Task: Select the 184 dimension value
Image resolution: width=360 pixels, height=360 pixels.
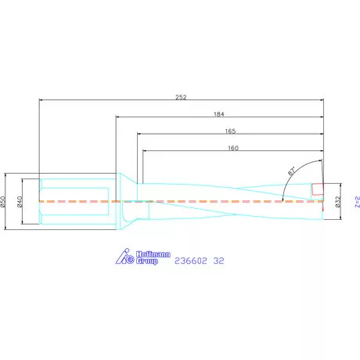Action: (x=218, y=114)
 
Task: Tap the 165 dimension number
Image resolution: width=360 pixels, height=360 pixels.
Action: (x=230, y=131)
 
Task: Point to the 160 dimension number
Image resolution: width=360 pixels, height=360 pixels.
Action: (x=232, y=147)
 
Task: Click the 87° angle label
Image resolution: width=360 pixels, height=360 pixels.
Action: (x=291, y=170)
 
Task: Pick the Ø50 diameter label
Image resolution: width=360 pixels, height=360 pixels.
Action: (x=5, y=201)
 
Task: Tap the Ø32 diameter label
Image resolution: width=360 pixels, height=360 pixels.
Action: (x=337, y=201)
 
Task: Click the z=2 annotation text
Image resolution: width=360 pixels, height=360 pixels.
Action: (x=356, y=201)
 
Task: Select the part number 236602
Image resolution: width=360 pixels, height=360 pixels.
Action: (x=189, y=261)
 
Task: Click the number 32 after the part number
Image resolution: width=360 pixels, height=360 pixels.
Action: (x=219, y=261)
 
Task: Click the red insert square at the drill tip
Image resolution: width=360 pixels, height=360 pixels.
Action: (x=318, y=189)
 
